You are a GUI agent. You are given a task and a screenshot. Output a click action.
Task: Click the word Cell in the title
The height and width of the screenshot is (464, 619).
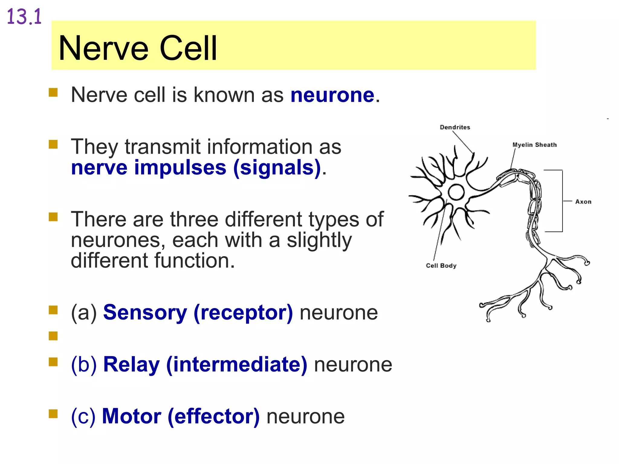[x=188, y=48]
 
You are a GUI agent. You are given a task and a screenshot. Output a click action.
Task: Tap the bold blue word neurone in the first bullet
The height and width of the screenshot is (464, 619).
[x=332, y=95]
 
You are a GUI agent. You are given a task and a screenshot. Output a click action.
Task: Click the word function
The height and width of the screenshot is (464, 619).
[x=195, y=260]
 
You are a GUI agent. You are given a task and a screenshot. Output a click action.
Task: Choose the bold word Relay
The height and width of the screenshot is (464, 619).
[x=131, y=364]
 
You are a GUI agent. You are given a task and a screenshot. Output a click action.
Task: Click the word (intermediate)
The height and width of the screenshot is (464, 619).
[x=237, y=364]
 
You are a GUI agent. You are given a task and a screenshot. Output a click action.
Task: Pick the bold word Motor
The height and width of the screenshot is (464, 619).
[x=131, y=416]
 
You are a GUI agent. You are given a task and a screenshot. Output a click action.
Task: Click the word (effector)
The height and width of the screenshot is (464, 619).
[x=214, y=416]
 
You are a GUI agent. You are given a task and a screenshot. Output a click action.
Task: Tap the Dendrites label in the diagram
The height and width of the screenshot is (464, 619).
[x=455, y=127]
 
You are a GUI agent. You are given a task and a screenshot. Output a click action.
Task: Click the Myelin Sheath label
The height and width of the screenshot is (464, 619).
[x=534, y=145]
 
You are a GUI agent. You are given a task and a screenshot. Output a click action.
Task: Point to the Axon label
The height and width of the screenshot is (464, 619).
[x=583, y=201]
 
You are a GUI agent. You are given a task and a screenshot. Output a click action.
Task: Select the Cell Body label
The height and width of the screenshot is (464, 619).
[x=441, y=266]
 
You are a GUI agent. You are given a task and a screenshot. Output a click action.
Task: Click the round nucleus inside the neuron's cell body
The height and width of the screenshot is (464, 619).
[x=456, y=192]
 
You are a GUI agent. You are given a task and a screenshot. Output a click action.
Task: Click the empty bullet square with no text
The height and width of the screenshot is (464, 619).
[x=53, y=336]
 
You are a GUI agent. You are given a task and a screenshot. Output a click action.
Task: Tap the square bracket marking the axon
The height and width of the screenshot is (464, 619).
[x=562, y=201]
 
